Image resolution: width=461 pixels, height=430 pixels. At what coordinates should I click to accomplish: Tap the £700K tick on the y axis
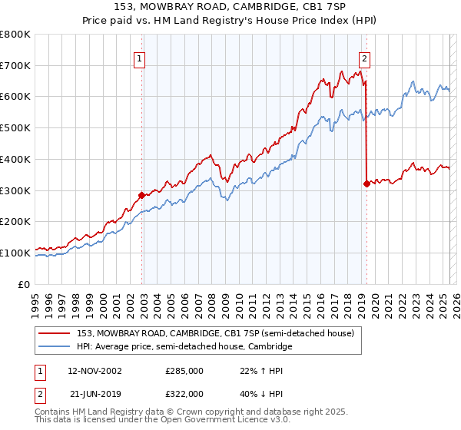15,65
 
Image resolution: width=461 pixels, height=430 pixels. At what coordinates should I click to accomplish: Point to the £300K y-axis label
15,190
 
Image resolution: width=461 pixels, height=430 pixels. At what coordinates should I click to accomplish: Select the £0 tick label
25,284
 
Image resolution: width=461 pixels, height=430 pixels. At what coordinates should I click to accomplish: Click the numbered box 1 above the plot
140,58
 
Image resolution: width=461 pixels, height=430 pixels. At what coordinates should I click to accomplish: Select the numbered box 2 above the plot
363,58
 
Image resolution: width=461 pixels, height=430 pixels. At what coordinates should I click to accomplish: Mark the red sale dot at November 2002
142,195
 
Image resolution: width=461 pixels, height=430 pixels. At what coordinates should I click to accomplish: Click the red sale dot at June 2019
366,184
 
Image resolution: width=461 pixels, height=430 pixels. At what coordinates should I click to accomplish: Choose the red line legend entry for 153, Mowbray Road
215,333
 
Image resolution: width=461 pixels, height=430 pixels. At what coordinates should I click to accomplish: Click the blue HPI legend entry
184,347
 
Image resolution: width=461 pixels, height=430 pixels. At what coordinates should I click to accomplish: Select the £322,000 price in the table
184,393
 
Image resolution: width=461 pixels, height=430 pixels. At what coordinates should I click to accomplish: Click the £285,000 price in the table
184,371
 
